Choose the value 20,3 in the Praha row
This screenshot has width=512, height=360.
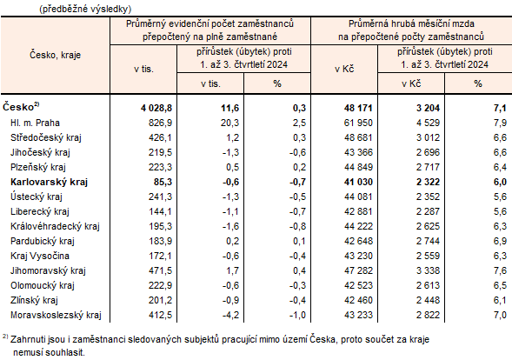tap(222, 123)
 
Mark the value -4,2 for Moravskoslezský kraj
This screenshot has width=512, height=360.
tap(223, 314)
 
